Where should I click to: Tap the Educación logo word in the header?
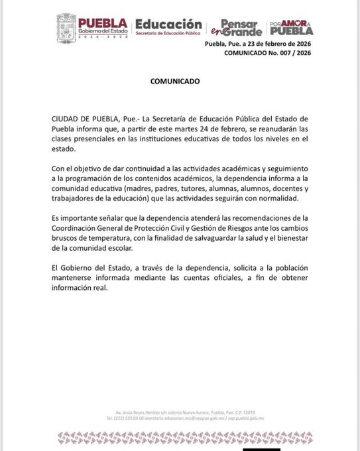[168, 23]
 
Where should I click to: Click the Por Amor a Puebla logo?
[291, 27]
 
